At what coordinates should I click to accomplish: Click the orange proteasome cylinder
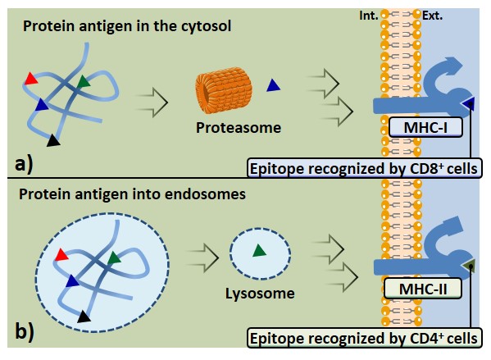(x=224, y=89)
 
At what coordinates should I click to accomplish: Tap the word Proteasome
(x=239, y=128)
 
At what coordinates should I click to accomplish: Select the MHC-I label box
(x=425, y=127)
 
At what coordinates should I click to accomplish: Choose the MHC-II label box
(x=423, y=289)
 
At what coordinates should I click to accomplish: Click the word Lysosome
(x=260, y=294)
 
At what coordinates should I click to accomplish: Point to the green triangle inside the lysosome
(x=259, y=250)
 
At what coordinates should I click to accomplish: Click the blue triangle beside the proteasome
(x=273, y=85)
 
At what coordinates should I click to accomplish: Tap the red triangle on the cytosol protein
(x=30, y=79)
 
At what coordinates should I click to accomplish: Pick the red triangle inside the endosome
(x=61, y=255)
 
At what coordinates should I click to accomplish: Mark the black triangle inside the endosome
(x=84, y=317)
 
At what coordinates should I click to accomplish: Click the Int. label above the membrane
(x=369, y=16)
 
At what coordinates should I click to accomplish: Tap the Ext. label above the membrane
(x=432, y=16)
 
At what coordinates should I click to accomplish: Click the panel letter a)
(x=24, y=164)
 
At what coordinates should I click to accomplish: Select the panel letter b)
(x=25, y=331)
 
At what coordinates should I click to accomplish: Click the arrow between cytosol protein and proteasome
(x=152, y=103)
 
